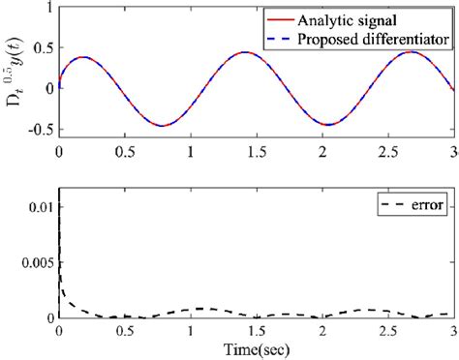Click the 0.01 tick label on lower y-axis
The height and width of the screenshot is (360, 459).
pyautogui.click(x=40, y=204)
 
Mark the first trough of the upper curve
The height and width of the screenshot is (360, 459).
pyautogui.click(x=163, y=124)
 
